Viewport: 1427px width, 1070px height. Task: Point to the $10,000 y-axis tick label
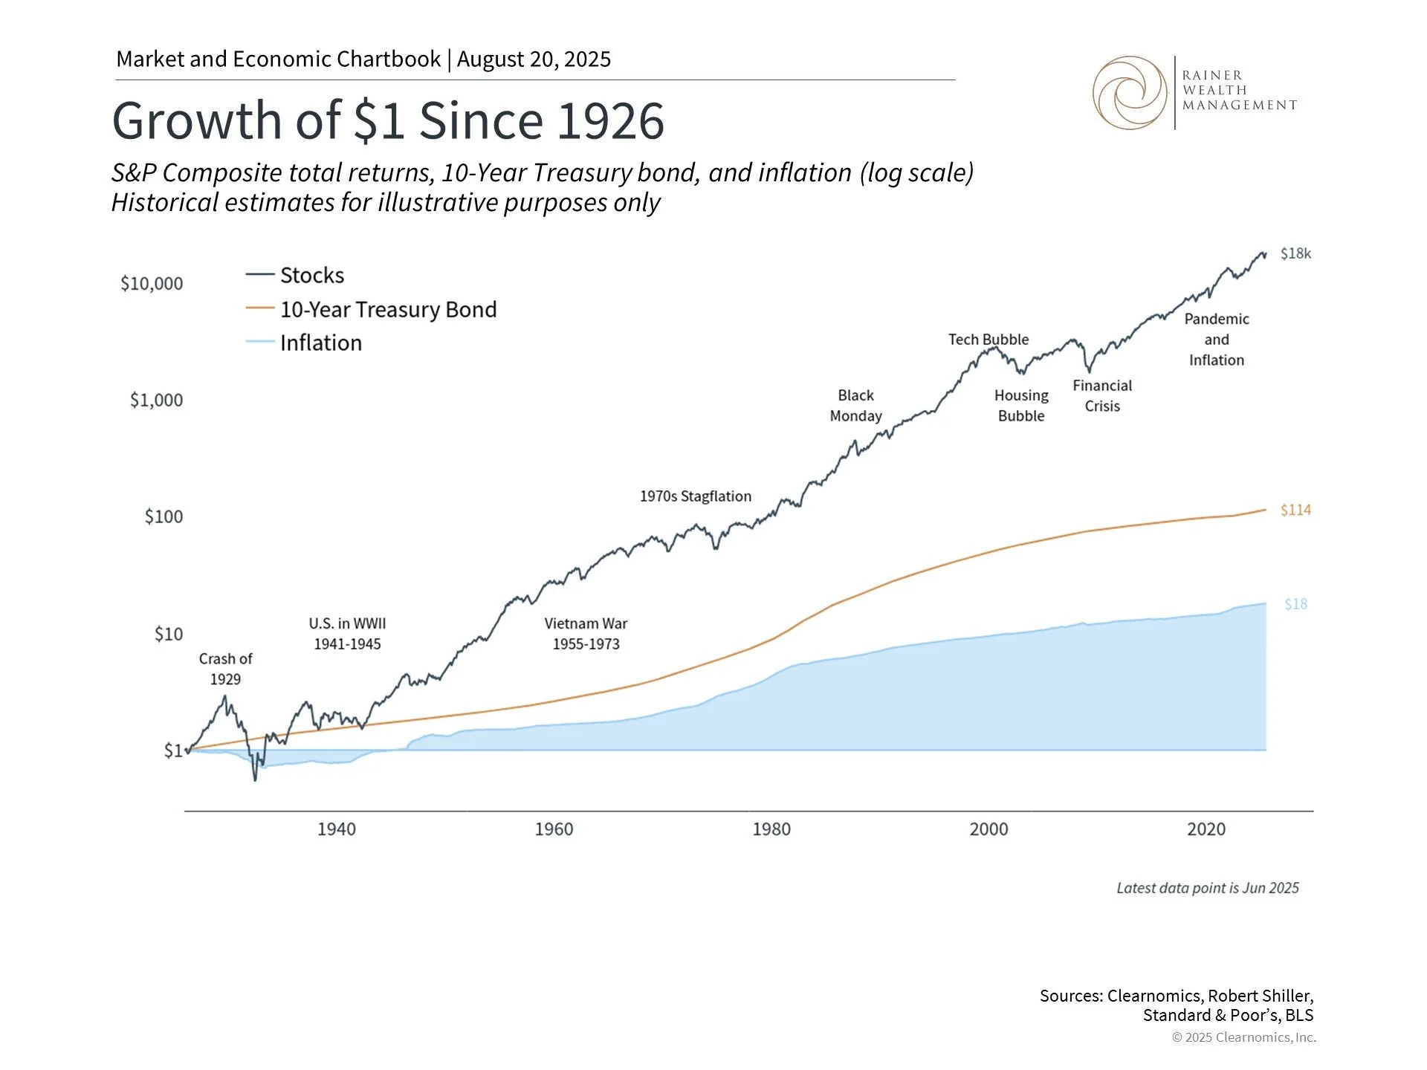pyautogui.click(x=152, y=284)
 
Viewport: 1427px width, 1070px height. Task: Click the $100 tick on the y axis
pyautogui.click(x=164, y=517)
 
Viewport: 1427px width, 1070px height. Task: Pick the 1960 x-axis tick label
pyautogui.click(x=554, y=829)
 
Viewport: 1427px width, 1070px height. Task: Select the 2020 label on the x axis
pyautogui.click(x=1206, y=829)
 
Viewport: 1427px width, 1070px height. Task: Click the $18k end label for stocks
pyautogui.click(x=1295, y=254)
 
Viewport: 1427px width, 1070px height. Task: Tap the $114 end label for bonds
pyautogui.click(x=1295, y=510)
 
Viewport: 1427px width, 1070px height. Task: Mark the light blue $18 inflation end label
pyautogui.click(x=1295, y=605)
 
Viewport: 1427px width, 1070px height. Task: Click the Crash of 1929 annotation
pyautogui.click(x=225, y=669)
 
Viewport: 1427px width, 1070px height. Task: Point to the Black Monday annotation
pyautogui.click(x=855, y=406)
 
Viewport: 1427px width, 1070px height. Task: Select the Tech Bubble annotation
pyautogui.click(x=988, y=340)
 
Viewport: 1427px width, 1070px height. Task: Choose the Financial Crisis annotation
pyautogui.click(x=1101, y=396)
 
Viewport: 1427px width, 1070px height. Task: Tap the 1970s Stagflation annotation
pyautogui.click(x=695, y=496)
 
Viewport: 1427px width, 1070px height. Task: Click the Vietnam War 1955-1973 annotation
pyautogui.click(x=586, y=634)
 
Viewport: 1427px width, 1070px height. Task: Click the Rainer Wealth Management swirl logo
pyautogui.click(x=1130, y=93)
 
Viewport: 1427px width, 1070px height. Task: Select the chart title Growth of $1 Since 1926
pyautogui.click(x=388, y=120)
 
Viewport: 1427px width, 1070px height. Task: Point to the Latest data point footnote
pyautogui.click(x=1207, y=889)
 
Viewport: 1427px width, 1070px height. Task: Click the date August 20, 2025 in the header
pyautogui.click(x=534, y=59)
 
